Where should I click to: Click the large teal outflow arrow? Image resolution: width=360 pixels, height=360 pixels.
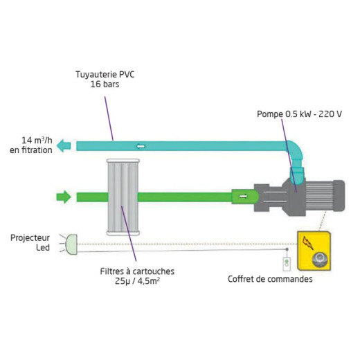[64, 145]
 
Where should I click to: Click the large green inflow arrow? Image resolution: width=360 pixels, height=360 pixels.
[64, 197]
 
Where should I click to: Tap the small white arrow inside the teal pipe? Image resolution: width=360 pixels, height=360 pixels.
[141, 146]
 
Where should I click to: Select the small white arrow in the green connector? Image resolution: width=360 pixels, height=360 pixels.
[243, 197]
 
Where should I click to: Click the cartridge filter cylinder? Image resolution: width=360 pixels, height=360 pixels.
[123, 197]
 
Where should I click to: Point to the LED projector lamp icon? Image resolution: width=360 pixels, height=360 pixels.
[71, 244]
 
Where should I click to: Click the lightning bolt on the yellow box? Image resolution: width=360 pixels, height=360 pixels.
[308, 242]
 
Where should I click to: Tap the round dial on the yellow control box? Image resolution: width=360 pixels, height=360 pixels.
[320, 260]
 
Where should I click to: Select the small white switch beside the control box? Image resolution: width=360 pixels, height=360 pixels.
[287, 264]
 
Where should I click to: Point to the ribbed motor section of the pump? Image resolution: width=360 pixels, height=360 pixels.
[319, 196]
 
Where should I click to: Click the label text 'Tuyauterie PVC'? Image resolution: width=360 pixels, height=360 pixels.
[105, 75]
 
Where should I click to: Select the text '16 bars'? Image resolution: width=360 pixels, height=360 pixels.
[105, 84]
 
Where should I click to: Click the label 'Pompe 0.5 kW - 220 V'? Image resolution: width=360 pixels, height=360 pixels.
[299, 114]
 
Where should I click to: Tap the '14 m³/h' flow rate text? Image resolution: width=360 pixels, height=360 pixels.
[37, 141]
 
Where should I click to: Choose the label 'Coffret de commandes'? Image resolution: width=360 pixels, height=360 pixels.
[270, 279]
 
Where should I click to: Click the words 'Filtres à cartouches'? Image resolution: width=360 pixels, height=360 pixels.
[137, 271]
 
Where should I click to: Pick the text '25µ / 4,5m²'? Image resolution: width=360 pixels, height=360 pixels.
[137, 281]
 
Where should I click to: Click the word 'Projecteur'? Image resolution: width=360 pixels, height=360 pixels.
[30, 238]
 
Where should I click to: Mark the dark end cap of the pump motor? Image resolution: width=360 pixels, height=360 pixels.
[339, 196]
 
